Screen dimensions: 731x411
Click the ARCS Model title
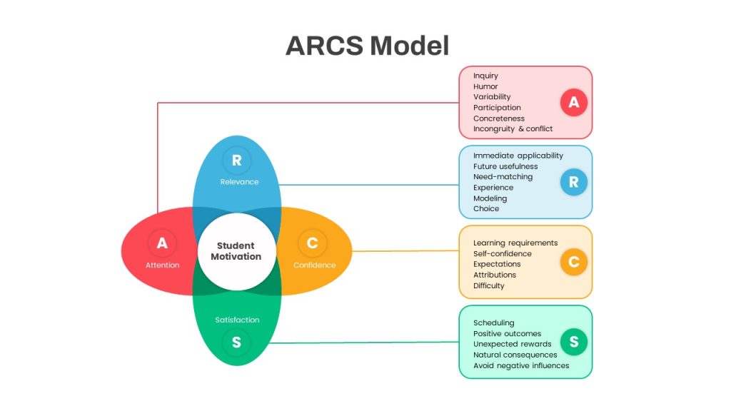(367, 46)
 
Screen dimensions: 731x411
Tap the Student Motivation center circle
(237, 252)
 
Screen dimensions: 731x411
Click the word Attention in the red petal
(162, 265)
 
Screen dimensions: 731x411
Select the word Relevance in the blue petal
(239, 182)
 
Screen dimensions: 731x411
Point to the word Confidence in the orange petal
(314, 265)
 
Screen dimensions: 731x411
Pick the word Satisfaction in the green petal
(237, 320)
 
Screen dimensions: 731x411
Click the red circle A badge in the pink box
(573, 102)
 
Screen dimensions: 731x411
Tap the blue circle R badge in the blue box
(573, 182)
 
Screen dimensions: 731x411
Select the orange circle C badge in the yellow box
(573, 262)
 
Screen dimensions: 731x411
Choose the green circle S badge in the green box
(573, 342)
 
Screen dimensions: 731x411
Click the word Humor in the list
(485, 86)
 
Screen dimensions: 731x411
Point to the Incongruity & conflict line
(513, 129)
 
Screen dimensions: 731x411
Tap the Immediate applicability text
(518, 156)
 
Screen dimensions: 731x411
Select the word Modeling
(490, 198)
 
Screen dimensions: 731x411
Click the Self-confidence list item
(502, 253)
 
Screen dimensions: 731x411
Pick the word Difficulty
(488, 285)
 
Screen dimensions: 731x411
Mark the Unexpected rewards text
(512, 344)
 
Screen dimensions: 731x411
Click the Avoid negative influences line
(520, 366)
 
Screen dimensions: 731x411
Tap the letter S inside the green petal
(236, 342)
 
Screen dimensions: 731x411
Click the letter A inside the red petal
(162, 243)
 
